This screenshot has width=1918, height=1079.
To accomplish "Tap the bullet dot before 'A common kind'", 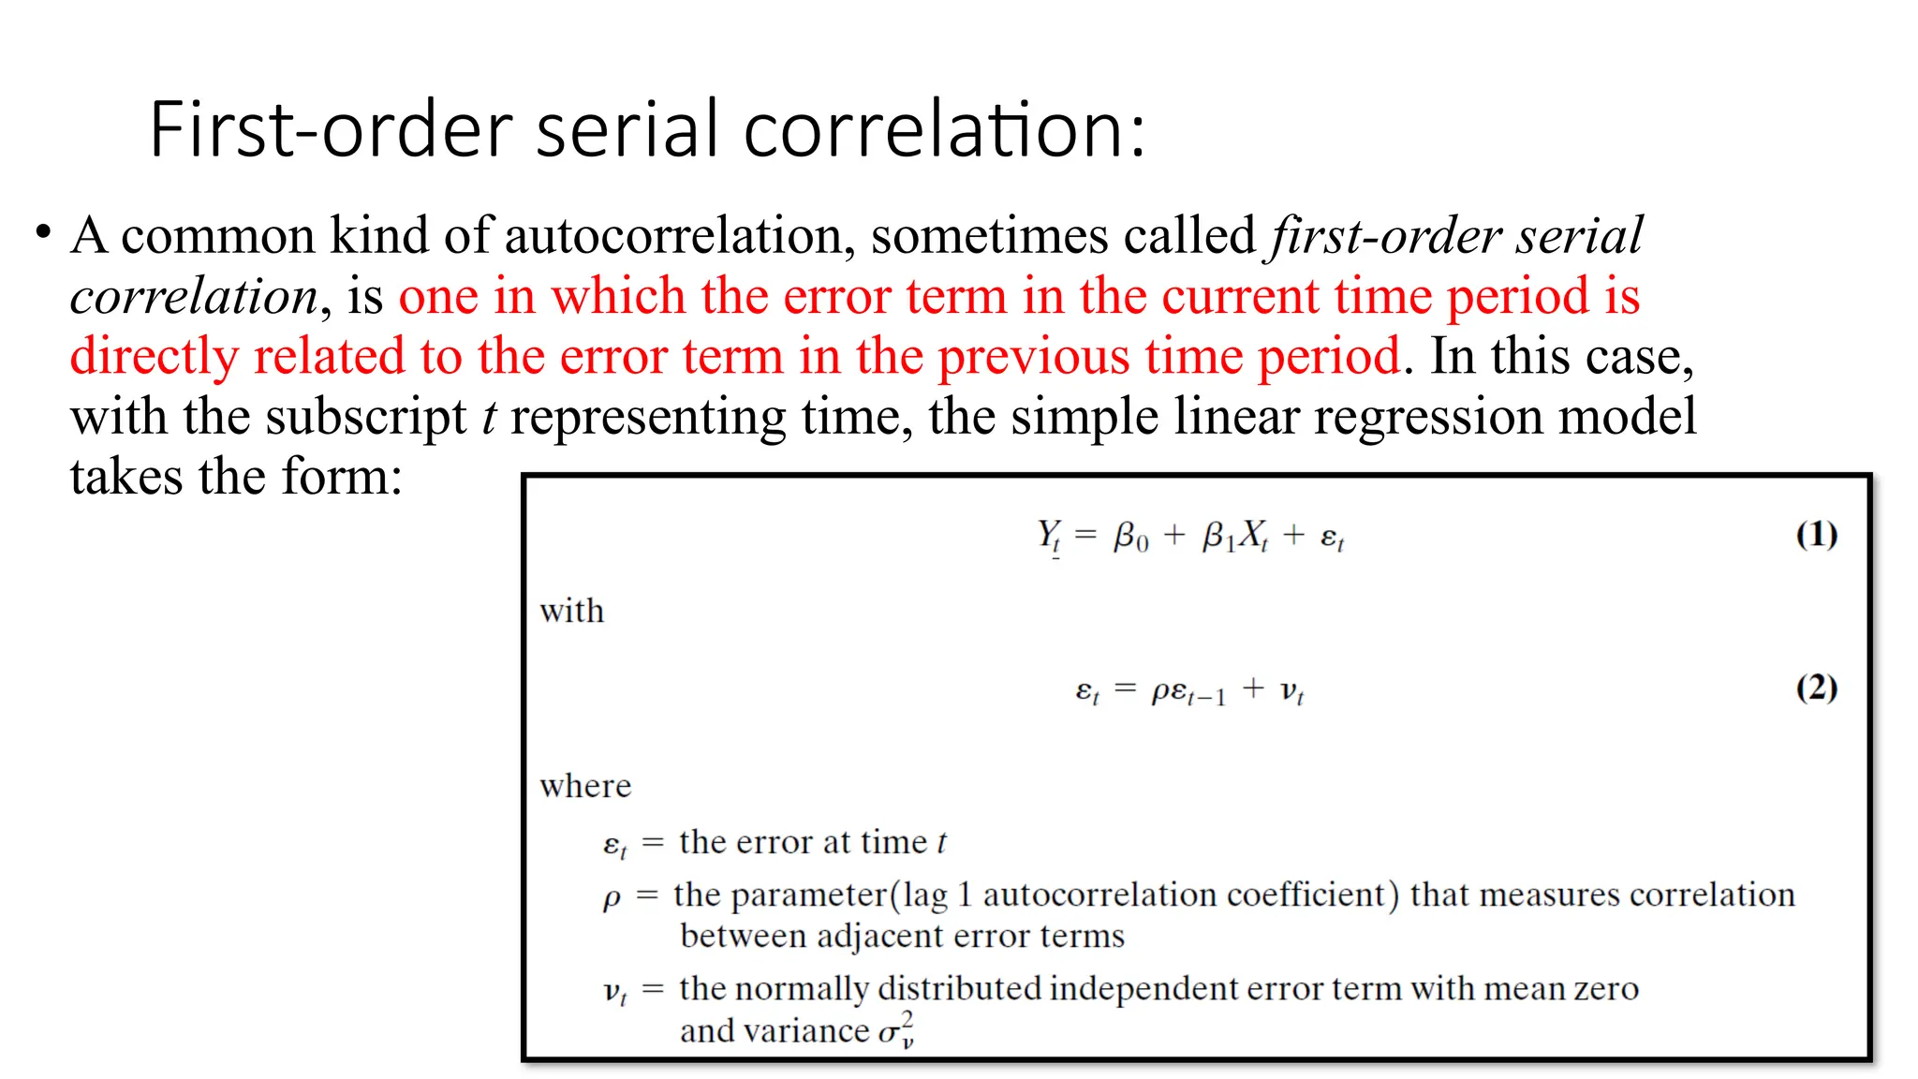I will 43,231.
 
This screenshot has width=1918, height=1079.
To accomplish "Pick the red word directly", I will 155,357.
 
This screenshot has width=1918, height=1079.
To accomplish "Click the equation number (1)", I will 1816,535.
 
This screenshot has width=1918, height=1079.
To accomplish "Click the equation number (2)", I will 1816,688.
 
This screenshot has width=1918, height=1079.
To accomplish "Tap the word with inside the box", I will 572,611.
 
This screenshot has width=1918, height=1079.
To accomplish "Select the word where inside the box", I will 585,786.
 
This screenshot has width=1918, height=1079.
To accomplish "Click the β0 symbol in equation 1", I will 1130,537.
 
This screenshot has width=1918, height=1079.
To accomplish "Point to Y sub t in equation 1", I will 1049,537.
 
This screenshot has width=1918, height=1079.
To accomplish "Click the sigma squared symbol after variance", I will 896,1030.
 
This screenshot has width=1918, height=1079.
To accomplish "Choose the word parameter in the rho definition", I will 807,895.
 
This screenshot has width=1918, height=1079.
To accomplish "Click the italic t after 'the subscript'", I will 489,417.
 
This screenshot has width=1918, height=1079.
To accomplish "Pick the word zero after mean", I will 1606,989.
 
